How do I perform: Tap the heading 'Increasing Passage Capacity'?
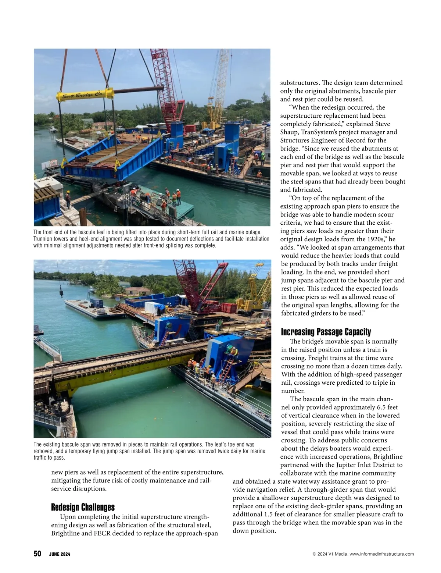pos(326,332)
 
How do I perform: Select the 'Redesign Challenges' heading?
pos(83,508)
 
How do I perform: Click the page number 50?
pos(37,554)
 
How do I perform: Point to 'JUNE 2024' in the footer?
pos(60,554)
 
